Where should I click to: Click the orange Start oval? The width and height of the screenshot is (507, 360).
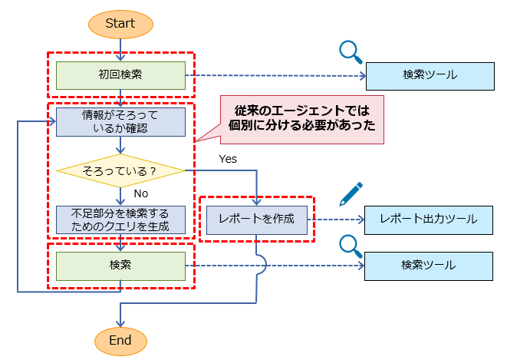120,24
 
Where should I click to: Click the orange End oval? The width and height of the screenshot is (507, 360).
120,340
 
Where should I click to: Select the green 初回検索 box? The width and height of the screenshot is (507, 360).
120,75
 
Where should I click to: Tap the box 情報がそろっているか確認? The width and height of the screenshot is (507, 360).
120,121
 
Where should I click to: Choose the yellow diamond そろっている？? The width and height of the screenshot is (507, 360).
120,170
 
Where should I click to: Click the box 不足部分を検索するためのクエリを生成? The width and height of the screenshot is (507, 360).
120,219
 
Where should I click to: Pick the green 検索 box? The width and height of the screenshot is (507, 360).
120,265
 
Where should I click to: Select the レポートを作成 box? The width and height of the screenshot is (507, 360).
257,219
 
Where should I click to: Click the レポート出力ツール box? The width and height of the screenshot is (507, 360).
428,220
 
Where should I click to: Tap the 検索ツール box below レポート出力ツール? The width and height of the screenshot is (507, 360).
428,266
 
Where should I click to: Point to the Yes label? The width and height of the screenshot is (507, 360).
228,159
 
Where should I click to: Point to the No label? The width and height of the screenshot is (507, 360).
140,193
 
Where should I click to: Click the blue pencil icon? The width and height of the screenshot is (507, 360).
351,194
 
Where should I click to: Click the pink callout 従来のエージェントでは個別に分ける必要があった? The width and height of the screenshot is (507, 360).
301,119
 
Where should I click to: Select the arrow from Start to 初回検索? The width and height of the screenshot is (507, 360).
120,48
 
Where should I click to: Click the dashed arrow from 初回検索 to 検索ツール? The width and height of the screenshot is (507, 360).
276,76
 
